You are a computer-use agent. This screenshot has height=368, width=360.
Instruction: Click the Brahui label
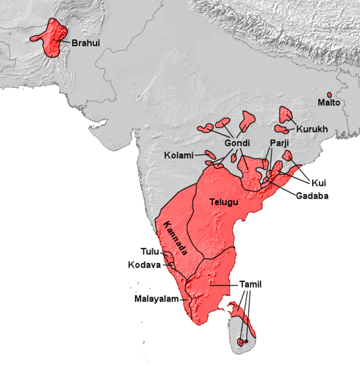[x=85, y=43]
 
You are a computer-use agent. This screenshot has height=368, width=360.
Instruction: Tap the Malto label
[x=329, y=104]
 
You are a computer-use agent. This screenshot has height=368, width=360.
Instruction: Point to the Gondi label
[x=238, y=144]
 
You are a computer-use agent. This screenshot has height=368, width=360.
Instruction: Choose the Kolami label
[x=179, y=155]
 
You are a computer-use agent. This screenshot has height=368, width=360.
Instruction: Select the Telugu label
[x=224, y=202]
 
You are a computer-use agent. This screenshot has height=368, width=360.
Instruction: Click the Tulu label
[x=150, y=252]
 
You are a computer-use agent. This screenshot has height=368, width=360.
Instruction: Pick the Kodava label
[x=143, y=265]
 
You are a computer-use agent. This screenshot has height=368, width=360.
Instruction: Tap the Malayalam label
[x=158, y=298]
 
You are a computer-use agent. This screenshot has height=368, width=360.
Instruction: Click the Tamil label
[x=250, y=284]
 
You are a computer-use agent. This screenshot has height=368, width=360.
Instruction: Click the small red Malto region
[x=329, y=95]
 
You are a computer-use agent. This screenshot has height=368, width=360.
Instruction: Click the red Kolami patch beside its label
[x=210, y=154]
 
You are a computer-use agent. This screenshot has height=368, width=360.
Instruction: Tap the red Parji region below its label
[x=266, y=164]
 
